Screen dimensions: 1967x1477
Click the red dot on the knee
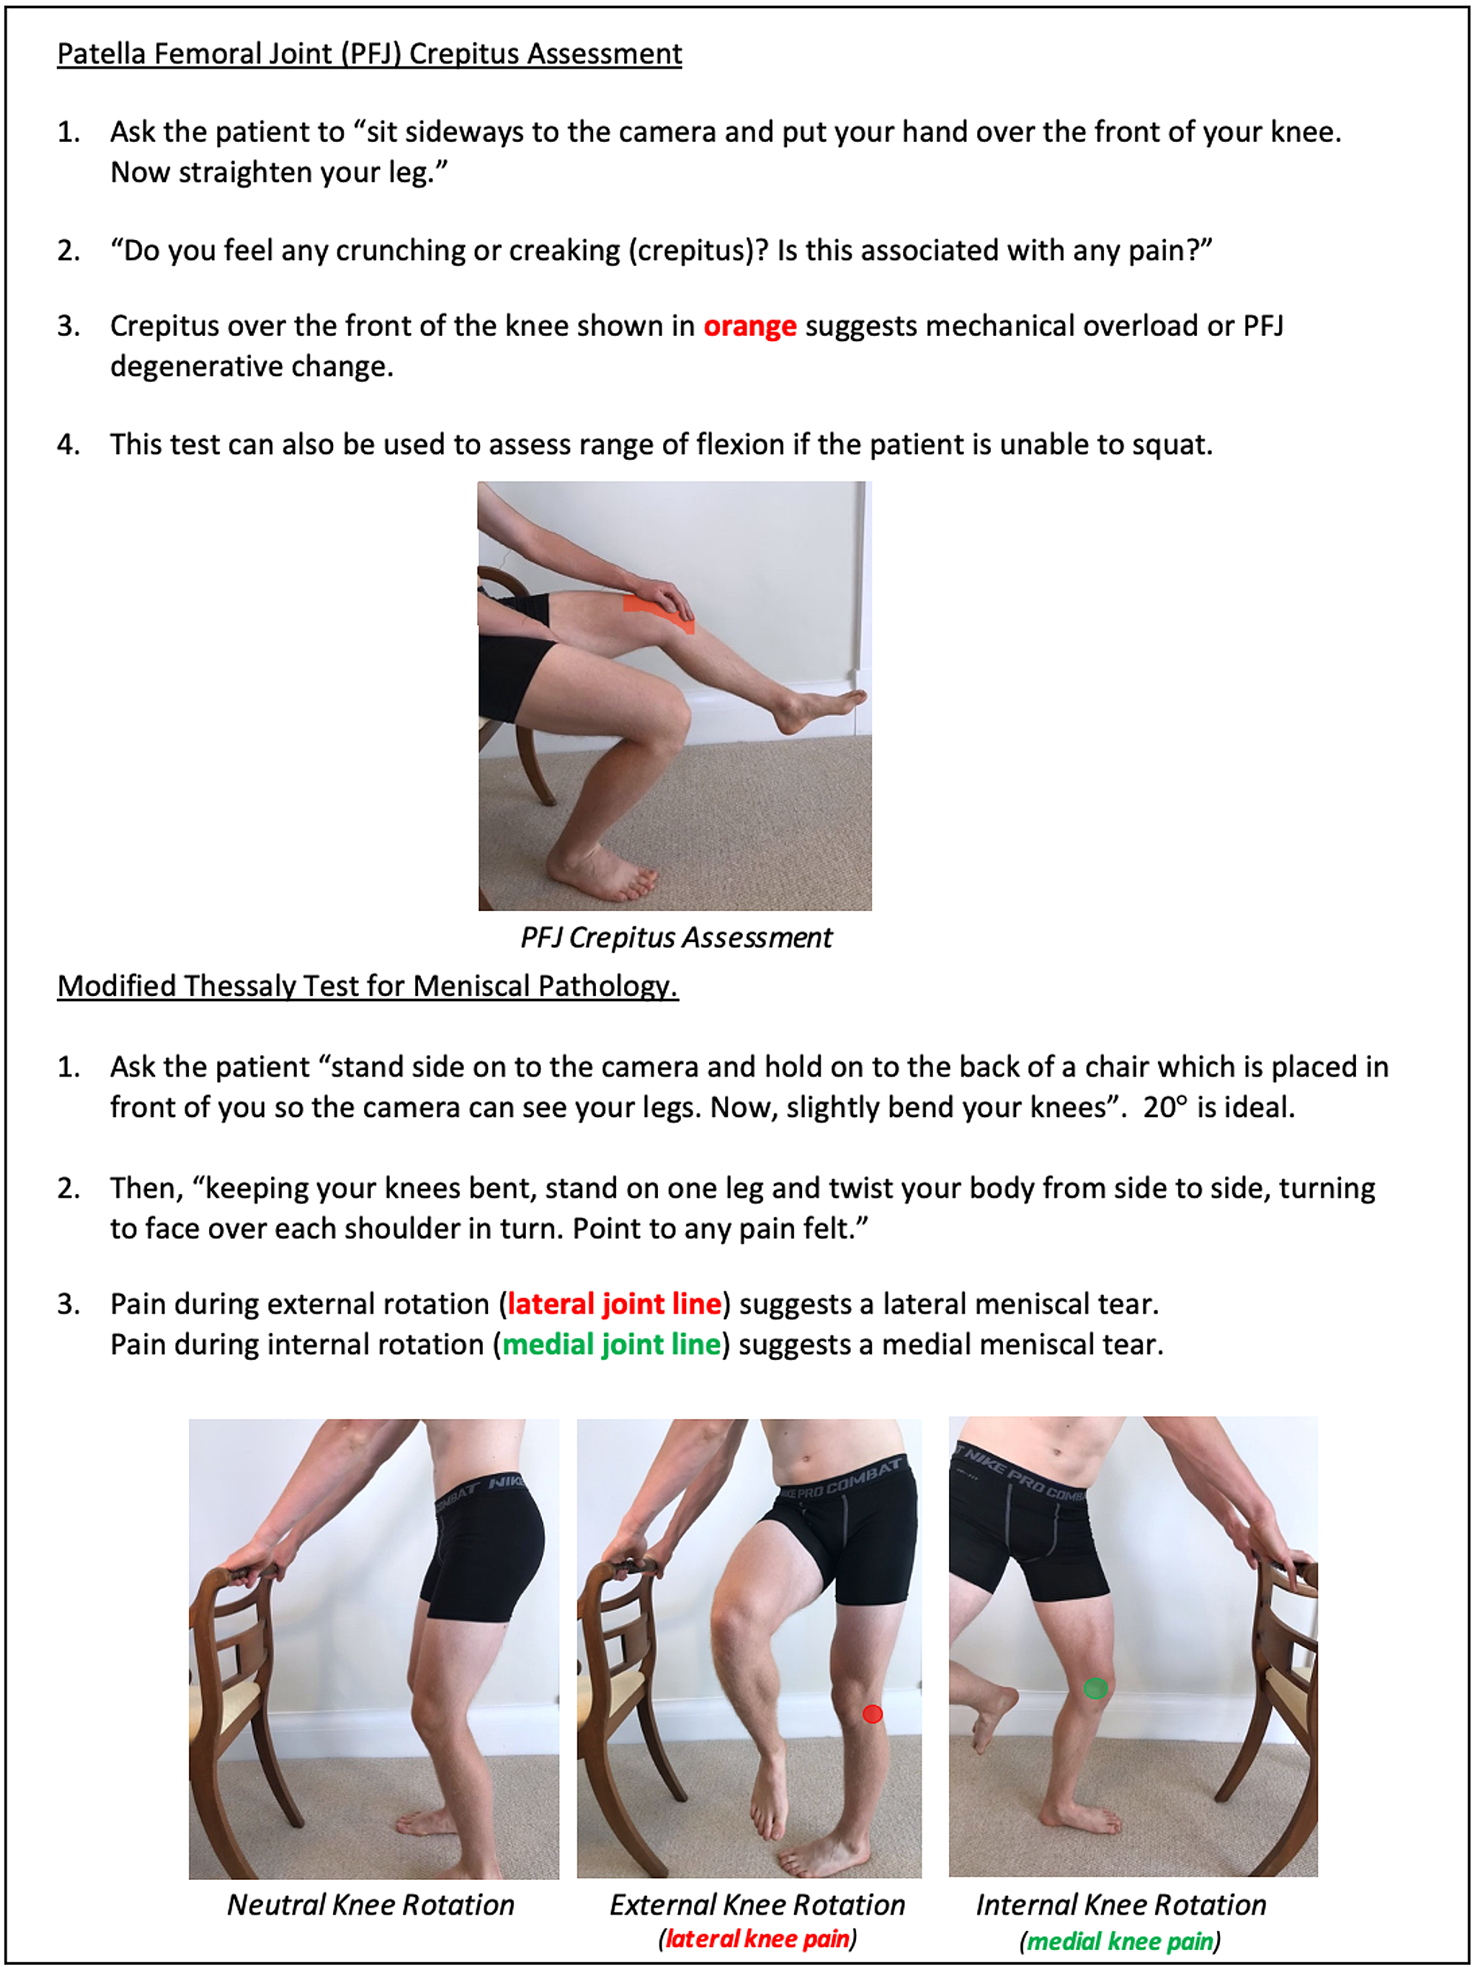[872, 1714]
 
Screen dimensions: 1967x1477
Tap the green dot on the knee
[1094, 1688]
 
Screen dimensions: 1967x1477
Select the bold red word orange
[749, 326]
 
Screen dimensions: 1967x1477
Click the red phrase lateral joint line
[614, 1304]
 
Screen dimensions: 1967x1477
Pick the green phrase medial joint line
[611, 1344]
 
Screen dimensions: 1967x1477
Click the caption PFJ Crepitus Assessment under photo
[675, 937]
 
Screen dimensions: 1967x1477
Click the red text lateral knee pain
[757, 1938]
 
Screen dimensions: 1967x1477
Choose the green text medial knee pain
[1120, 1940]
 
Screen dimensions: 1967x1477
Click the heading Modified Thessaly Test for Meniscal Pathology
[367, 986]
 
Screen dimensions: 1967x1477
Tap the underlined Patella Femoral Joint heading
[369, 54]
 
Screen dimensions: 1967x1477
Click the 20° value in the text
[1164, 1107]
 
